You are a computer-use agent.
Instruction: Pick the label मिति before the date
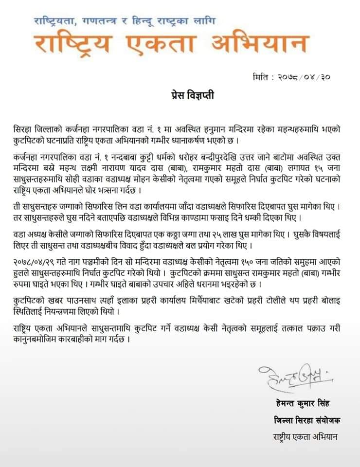pyautogui.click(x=263, y=77)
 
